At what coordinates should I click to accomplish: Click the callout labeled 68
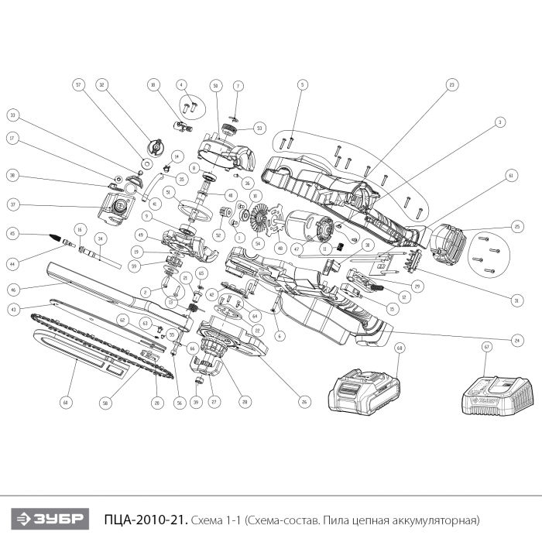click(400, 348)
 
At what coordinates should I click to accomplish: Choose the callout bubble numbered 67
click(486, 348)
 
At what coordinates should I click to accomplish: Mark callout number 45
click(12, 232)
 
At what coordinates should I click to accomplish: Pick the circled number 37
click(12, 205)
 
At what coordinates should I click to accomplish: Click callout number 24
click(516, 340)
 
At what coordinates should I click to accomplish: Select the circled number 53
click(259, 128)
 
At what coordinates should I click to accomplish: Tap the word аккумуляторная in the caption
click(437, 518)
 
